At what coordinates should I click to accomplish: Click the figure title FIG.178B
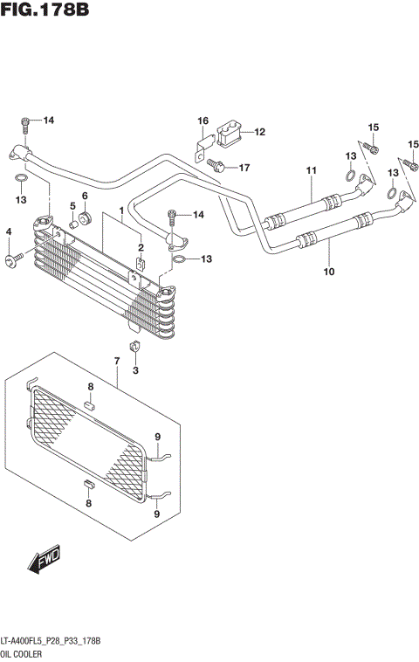coord(45,10)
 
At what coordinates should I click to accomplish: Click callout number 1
coord(120,210)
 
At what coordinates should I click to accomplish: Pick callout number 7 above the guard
coord(116,361)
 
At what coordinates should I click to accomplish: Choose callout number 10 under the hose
coord(329,272)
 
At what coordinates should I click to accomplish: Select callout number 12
coord(259,132)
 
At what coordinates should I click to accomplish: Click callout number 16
coord(203,121)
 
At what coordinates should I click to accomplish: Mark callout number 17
coord(244,167)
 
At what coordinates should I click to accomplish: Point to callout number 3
coord(135,371)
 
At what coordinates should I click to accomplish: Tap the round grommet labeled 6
coord(86,216)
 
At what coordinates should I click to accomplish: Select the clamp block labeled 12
coord(229,133)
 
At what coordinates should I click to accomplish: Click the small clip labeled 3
coord(135,351)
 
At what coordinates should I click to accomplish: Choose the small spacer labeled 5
coord(74,223)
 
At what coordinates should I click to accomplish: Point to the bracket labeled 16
coord(200,145)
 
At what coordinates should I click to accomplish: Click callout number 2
coord(139,249)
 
